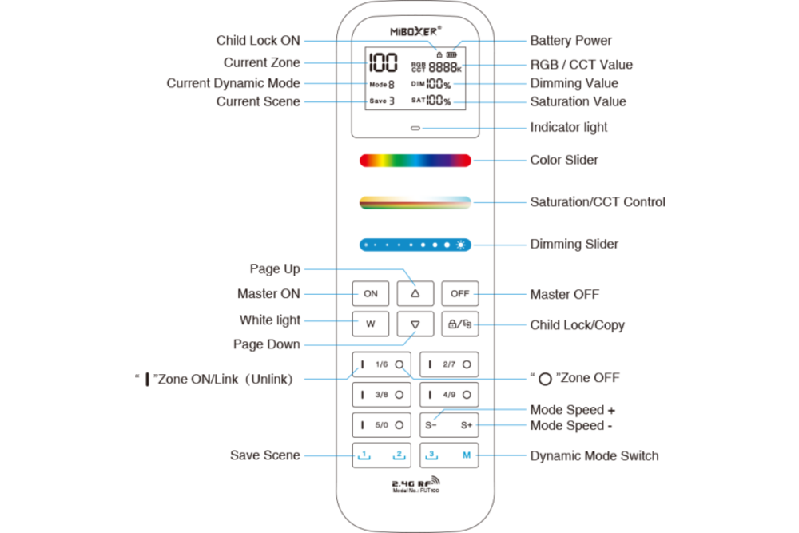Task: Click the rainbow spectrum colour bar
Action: tap(415, 173)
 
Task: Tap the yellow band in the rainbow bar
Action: tap(382, 173)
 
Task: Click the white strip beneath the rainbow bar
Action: tap(415, 198)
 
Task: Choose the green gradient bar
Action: tap(415, 221)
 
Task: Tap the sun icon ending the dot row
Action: tap(461, 245)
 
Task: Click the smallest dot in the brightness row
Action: tap(366, 245)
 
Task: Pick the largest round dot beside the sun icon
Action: tap(447, 245)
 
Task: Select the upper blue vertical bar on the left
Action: tap(318, 83)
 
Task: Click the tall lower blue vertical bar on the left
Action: tap(318, 338)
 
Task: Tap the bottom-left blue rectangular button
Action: tap(383, 458)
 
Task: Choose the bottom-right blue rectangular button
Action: tap(451, 458)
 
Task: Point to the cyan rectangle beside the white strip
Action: tap(483, 197)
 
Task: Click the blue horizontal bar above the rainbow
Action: tap(449, 130)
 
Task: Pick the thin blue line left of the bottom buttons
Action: tap(319, 457)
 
